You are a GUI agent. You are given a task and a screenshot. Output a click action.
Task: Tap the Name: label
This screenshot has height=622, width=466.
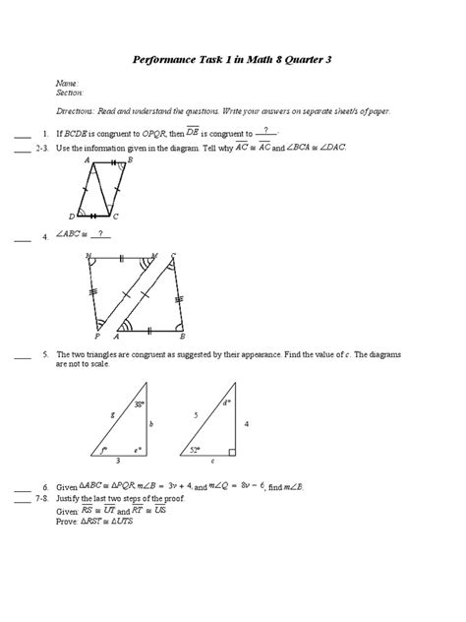coord(68,86)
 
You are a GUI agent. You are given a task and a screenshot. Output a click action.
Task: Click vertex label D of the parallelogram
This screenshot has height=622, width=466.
coord(72,217)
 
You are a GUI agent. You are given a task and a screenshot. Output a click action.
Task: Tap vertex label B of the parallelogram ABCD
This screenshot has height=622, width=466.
coord(130,159)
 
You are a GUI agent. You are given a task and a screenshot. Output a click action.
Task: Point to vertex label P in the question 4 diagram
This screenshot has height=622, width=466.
coord(97,334)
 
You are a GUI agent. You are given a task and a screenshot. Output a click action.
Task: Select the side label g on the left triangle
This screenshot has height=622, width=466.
coord(114,415)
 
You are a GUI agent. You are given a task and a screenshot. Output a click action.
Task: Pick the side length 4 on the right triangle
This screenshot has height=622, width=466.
coord(247,423)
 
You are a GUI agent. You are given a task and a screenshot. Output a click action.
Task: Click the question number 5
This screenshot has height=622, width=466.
coord(45,352)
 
